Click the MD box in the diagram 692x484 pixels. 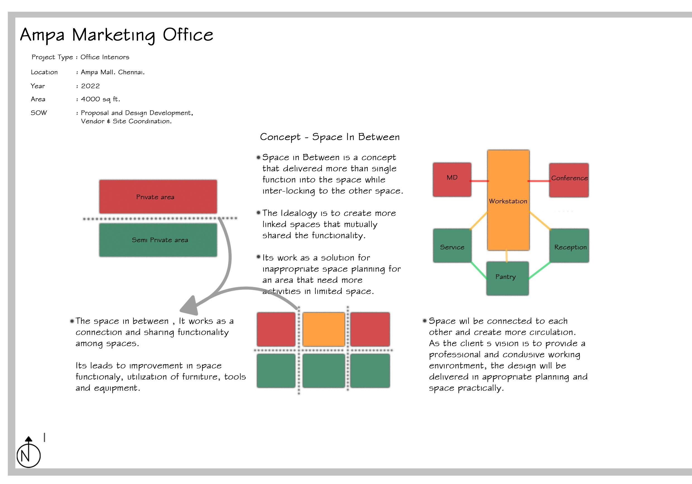(452, 180)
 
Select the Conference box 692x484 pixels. (569, 180)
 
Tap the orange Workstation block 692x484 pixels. (508, 200)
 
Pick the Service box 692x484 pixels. (452, 245)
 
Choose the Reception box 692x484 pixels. (569, 245)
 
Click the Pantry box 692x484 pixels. (507, 278)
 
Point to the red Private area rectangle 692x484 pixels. (158, 197)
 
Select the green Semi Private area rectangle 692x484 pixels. (158, 240)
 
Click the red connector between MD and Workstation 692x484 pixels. (479, 181)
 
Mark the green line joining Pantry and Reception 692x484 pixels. (539, 270)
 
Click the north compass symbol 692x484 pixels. (28, 453)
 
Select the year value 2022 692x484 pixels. (90, 86)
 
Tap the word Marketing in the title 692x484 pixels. (114, 35)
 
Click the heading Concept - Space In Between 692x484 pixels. (330, 137)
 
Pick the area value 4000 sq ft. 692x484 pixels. (100, 99)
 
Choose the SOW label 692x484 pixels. (39, 113)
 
